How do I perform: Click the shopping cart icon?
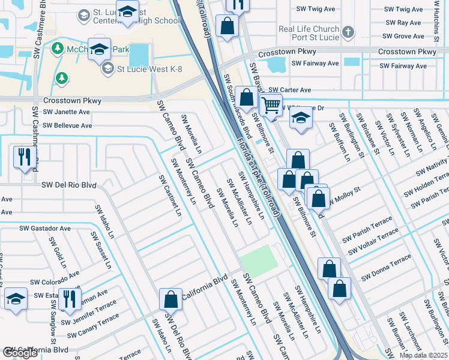(271, 105)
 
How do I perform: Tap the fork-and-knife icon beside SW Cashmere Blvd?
(25, 157)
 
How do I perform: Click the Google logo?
(20, 353)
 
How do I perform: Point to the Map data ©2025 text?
(423, 355)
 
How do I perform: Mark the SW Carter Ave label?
(289, 89)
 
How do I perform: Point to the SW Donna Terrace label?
(386, 268)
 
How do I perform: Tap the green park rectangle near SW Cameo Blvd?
(259, 262)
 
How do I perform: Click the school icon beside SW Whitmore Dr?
(301, 118)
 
